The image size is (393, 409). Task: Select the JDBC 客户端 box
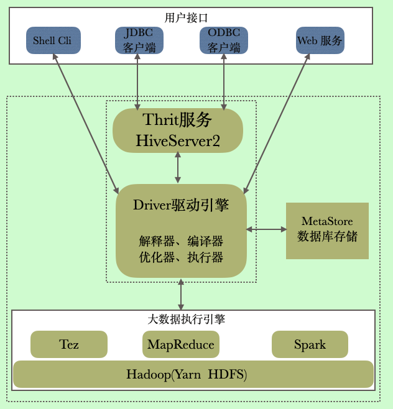point(139,40)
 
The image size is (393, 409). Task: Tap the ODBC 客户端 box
point(224,40)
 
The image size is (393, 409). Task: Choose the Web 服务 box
point(320,40)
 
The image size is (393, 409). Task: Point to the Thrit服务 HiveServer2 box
point(178,131)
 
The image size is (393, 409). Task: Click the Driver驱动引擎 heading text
point(181,205)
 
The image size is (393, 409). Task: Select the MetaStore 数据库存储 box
point(327,230)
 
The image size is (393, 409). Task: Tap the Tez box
point(69,344)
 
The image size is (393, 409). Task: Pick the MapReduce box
point(180,344)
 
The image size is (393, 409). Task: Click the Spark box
point(310,344)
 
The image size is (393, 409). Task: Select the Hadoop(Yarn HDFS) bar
point(193,374)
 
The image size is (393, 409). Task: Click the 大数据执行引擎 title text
point(186,319)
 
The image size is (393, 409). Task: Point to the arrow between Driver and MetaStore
point(266,229)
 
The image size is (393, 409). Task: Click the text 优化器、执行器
point(181,257)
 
